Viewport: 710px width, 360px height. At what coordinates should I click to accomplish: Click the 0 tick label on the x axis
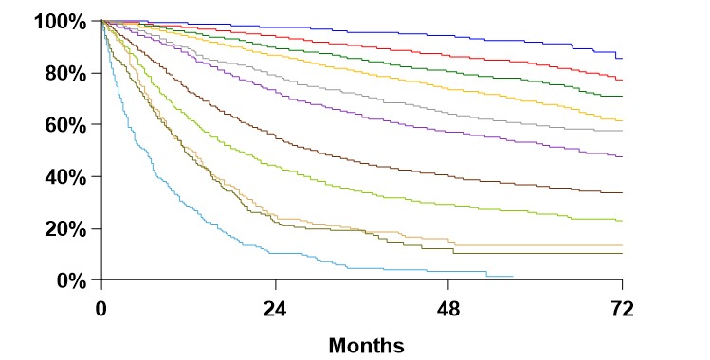[101, 309]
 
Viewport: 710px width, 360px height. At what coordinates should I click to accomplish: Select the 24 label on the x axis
[275, 309]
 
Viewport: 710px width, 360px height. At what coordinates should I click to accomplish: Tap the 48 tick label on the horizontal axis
[448, 309]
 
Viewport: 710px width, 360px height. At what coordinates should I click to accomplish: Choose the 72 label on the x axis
[622, 309]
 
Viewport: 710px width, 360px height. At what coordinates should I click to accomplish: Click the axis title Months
[366, 345]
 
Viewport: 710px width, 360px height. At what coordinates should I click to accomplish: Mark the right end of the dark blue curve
[622, 59]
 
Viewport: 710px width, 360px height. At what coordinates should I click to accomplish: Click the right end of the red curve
[622, 80]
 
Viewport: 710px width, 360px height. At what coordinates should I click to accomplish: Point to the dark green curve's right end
[622, 96]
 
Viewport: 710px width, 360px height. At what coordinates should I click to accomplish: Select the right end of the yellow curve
[622, 120]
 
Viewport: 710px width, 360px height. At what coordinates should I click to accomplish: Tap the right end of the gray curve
[622, 131]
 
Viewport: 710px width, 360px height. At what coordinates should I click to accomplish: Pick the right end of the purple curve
[622, 156]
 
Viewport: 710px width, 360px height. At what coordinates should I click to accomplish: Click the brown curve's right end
[622, 192]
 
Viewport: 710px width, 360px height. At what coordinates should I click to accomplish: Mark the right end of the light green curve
[622, 221]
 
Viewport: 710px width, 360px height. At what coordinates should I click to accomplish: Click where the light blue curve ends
[513, 277]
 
